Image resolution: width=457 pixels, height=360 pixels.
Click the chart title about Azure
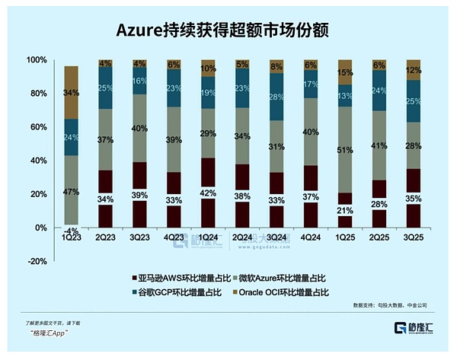(x=228, y=30)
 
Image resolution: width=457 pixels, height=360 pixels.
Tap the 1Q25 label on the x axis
(x=345, y=237)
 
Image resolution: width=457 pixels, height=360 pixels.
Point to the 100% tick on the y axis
(x=36, y=60)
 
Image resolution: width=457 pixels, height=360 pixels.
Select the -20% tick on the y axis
(x=36, y=261)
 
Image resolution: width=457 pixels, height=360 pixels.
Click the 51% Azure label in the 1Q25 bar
(x=345, y=151)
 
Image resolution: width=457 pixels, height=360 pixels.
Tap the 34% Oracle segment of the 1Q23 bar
(x=71, y=93)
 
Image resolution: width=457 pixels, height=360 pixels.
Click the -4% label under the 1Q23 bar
(x=71, y=231)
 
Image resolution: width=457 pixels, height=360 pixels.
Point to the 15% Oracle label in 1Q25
(x=345, y=72)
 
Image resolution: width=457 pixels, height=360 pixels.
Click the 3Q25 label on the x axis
(x=414, y=237)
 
